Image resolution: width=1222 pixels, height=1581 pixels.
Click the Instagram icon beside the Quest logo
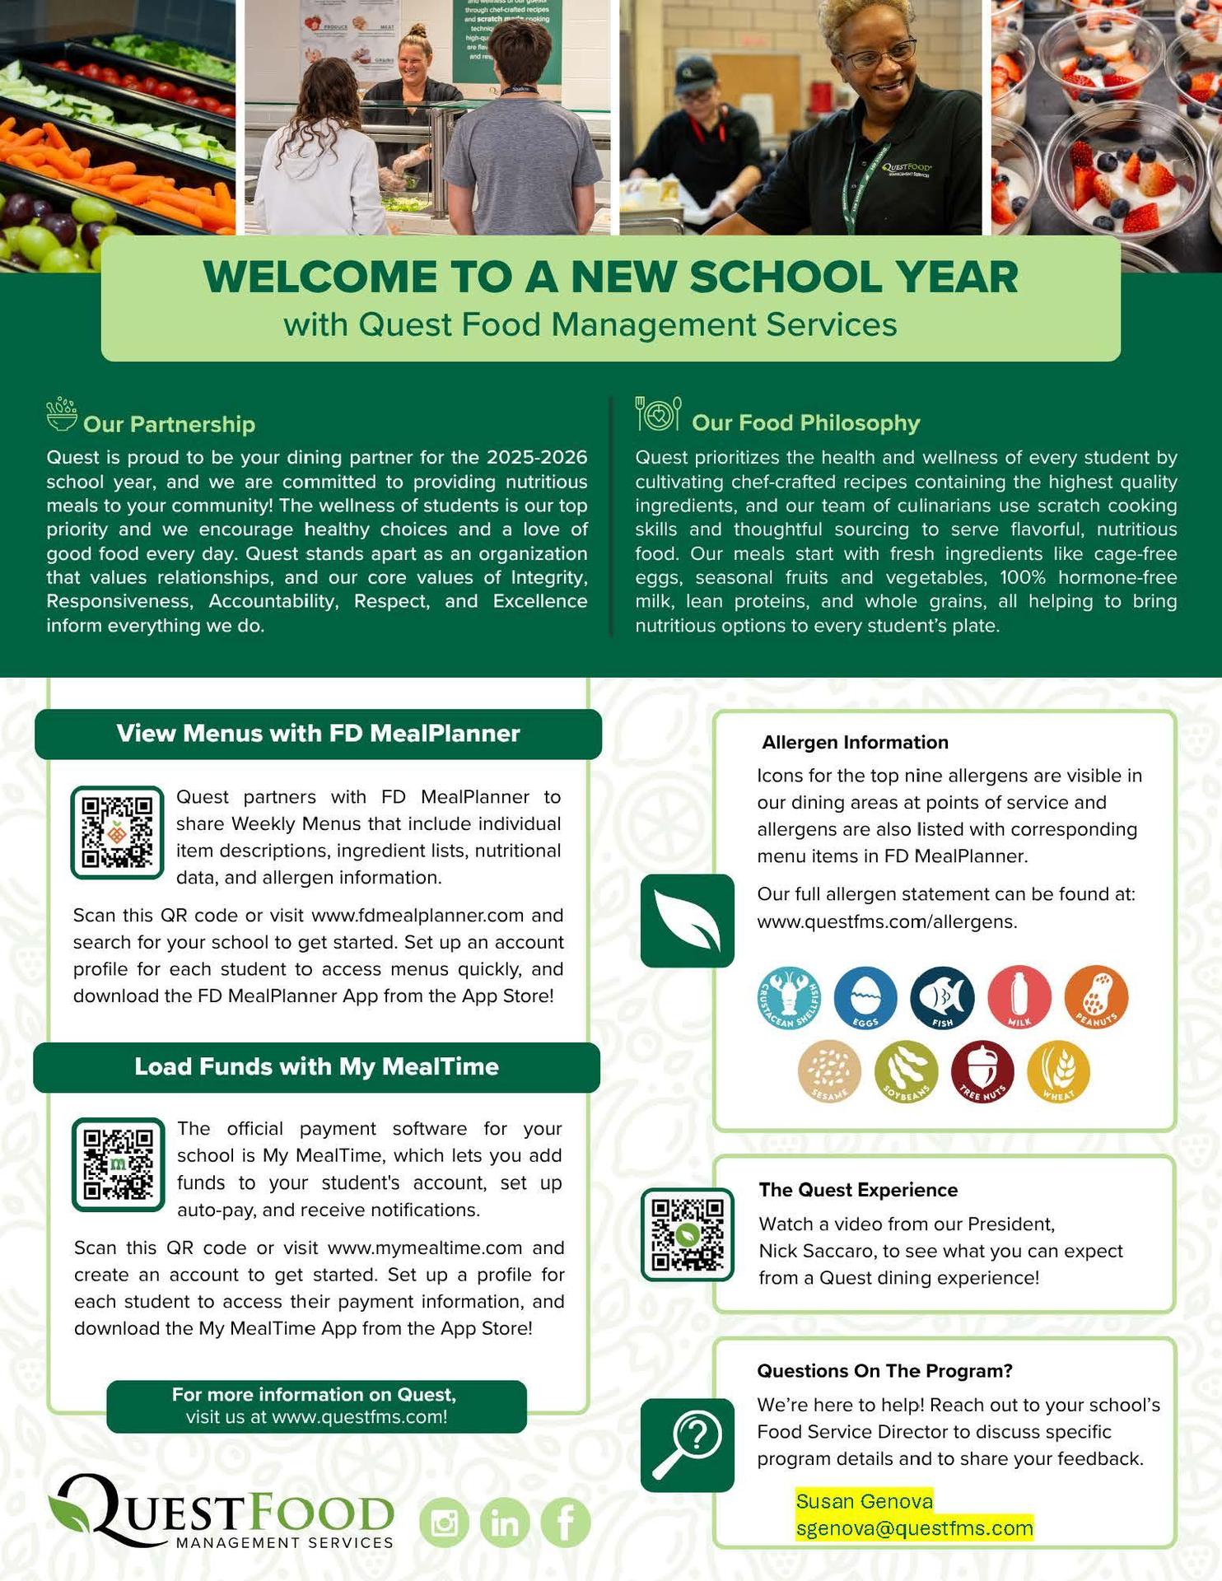(x=445, y=1523)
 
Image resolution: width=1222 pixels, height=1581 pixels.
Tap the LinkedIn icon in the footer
(x=505, y=1523)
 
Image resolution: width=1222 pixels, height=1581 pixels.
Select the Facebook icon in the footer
(x=566, y=1523)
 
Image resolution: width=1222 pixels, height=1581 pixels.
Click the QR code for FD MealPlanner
(x=118, y=832)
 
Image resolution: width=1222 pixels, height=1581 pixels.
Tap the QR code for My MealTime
(x=119, y=1164)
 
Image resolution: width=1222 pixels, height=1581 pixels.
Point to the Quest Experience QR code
(x=687, y=1234)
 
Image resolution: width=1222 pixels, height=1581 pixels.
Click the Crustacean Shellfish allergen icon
(x=789, y=998)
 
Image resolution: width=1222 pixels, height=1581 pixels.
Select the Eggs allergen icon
(x=865, y=998)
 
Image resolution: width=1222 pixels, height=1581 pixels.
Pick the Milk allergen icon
(x=1019, y=998)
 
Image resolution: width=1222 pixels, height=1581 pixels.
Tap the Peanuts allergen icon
(x=1096, y=998)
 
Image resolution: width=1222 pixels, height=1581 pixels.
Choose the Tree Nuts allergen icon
(x=982, y=1072)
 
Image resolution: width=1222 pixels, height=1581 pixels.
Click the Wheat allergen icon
(x=1058, y=1072)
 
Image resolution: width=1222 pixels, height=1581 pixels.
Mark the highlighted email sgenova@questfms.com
(x=914, y=1528)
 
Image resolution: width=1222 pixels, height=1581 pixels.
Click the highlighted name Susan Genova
(x=864, y=1501)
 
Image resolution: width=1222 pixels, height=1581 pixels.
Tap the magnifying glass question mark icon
(x=687, y=1445)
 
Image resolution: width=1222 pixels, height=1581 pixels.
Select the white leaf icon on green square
(x=687, y=921)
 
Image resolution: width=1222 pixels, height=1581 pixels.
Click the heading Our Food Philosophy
(x=805, y=422)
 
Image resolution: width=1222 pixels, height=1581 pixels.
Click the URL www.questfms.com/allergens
(x=886, y=921)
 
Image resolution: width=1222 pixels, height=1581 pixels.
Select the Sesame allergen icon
(x=829, y=1072)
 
